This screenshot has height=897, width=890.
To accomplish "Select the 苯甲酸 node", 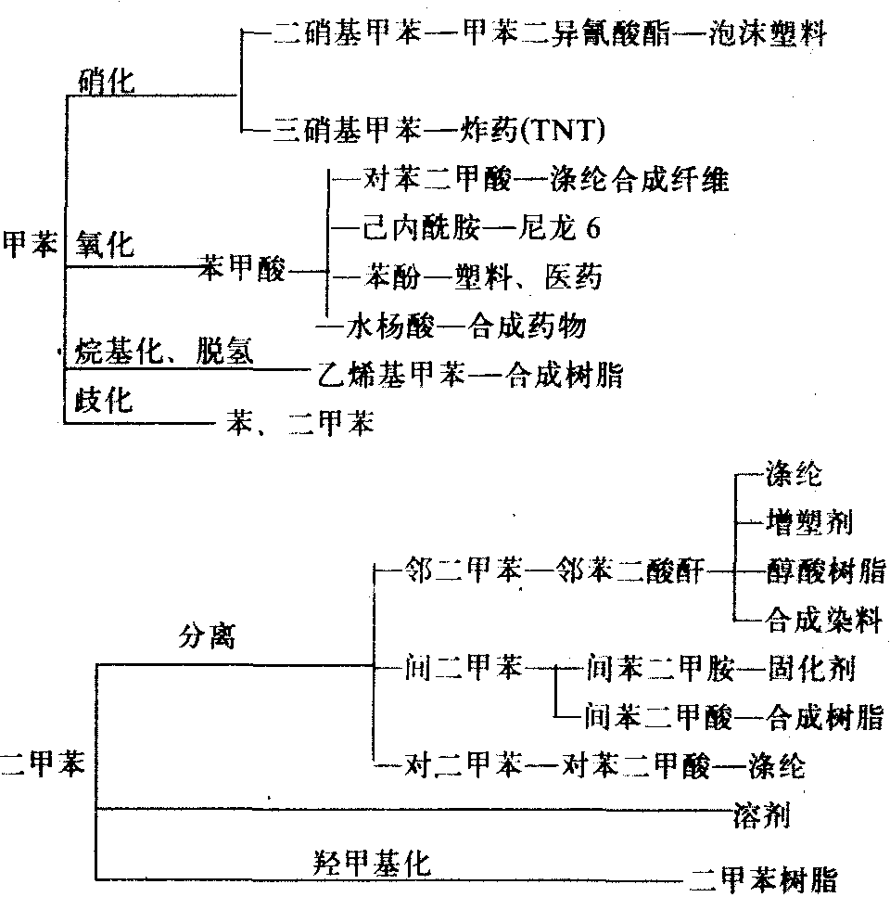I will pos(243,272).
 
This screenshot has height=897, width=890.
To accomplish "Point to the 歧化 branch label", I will pos(103,399).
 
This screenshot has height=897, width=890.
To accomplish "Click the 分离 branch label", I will pos(207,637).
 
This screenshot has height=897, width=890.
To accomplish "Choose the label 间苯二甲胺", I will pos(660,667).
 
